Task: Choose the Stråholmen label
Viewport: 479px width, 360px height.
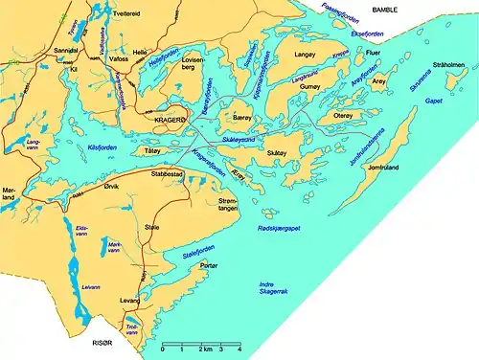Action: (449, 67)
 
